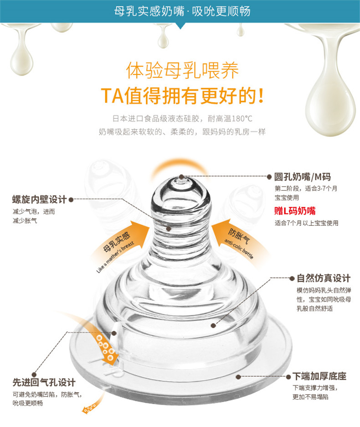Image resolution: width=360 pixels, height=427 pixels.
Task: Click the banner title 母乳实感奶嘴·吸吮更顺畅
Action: (182, 11)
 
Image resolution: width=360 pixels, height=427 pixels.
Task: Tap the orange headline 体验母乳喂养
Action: (182, 70)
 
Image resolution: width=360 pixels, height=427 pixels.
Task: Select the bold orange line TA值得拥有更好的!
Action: (182, 96)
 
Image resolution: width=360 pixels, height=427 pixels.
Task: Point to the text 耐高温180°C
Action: (230, 119)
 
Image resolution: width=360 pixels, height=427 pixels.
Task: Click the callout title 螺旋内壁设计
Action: (39, 199)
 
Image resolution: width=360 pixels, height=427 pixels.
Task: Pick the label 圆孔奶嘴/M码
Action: (302, 177)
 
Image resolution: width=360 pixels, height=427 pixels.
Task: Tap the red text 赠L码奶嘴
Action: (295, 211)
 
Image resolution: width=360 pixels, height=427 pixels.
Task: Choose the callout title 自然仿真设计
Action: (324, 278)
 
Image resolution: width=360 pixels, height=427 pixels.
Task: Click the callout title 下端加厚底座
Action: (319, 376)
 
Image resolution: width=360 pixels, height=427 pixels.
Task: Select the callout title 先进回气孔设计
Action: (44, 382)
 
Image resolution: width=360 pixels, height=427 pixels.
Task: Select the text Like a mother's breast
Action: (115, 257)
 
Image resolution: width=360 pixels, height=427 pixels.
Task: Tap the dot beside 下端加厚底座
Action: (288, 377)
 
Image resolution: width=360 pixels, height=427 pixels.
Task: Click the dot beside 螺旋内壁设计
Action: (71, 200)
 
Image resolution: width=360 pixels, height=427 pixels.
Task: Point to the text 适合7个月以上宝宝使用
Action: (306, 223)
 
